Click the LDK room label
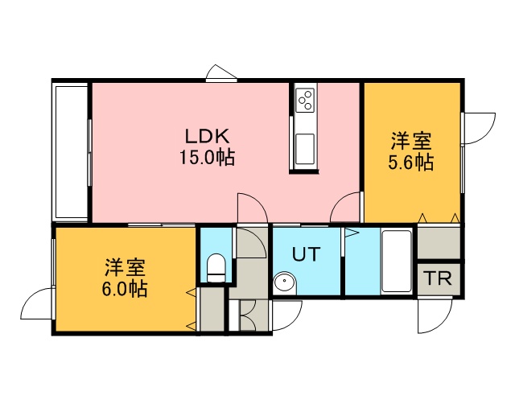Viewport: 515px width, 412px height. click(207, 136)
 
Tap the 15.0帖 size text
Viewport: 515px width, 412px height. click(207, 157)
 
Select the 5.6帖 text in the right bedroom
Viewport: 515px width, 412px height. click(411, 162)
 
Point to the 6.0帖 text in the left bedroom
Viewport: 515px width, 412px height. click(125, 288)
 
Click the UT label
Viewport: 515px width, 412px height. click(306, 254)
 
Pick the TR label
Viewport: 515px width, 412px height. click(438, 278)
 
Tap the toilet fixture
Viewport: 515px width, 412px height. click(216, 267)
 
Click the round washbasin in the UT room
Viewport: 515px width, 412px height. click(284, 283)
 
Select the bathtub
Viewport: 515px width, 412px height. click(397, 262)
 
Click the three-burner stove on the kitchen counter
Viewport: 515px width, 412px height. click(305, 99)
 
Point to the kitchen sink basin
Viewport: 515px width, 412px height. click(305, 149)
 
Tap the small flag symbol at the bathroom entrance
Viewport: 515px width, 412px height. click(350, 233)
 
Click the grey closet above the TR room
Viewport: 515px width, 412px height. click(439, 243)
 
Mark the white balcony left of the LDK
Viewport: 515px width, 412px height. click(71, 151)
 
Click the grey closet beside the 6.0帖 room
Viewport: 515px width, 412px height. click(212, 309)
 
